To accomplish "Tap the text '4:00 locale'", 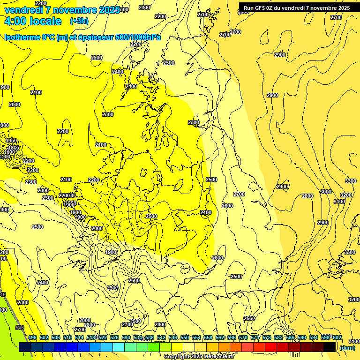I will [33, 21].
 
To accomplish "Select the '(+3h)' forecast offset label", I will [78, 21].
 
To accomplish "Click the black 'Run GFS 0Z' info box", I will [296, 8].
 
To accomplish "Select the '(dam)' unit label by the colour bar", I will [347, 348].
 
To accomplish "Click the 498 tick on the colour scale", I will [32, 337].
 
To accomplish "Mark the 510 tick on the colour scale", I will [67, 337].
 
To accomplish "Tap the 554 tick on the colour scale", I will [196, 337].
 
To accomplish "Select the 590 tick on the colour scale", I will [302, 337].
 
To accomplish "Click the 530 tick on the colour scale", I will [126, 337].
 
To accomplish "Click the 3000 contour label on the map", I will [325, 192].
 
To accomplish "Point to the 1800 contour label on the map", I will [14, 148].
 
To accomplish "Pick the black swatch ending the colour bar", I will [330, 347].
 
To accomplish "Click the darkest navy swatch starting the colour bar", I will [25, 347].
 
